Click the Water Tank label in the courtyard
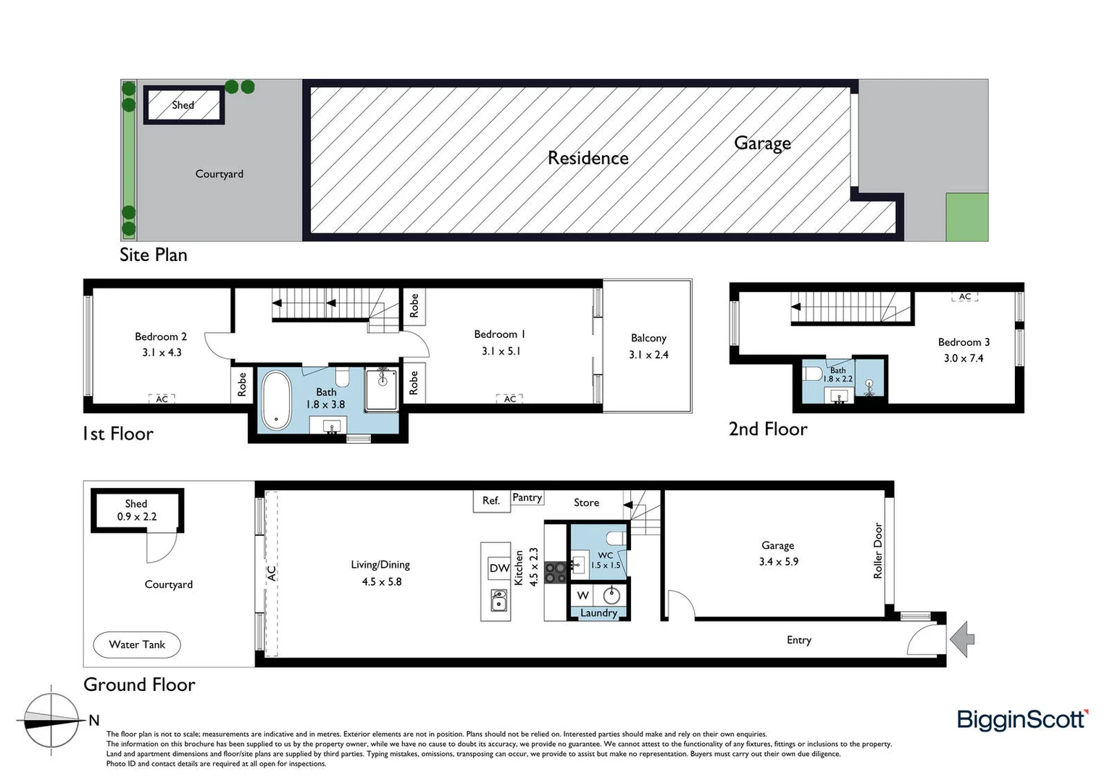[137, 645]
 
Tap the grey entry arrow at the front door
[963, 639]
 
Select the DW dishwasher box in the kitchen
[499, 568]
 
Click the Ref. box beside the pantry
[491, 500]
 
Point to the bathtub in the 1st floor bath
[275, 400]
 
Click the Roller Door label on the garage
[878, 550]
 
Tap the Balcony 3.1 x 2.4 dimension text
[648, 355]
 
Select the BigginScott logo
[1022, 719]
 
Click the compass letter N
[94, 720]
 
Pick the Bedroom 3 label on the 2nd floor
[964, 342]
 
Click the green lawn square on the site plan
[966, 217]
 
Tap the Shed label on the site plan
[183, 105]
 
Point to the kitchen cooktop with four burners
[556, 573]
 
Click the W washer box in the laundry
[582, 595]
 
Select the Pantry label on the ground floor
[527, 497]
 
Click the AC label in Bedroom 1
[510, 399]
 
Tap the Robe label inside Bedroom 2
[242, 384]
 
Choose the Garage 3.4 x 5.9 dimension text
[778, 561]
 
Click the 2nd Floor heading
[768, 429]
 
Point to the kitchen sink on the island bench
[498, 601]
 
